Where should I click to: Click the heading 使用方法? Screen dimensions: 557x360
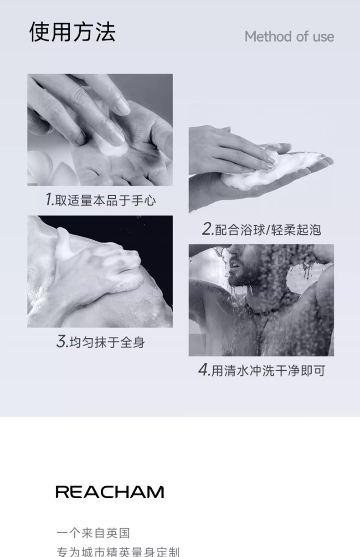[72, 32]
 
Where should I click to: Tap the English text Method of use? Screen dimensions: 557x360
[289, 36]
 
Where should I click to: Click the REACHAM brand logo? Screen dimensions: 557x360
[109, 492]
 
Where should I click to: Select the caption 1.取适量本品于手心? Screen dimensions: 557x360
[100, 200]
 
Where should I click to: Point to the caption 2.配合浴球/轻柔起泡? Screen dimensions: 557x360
[262, 229]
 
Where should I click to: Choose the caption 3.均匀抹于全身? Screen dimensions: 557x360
[100, 341]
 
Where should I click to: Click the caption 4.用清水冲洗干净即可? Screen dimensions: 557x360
[262, 370]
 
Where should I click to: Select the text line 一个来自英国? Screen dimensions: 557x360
[93, 533]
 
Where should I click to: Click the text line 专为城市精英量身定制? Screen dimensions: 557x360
[118, 551]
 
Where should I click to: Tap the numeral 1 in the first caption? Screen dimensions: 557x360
[49, 199]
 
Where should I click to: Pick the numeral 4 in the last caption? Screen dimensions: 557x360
[203, 370]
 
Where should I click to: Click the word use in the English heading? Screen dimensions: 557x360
[323, 36]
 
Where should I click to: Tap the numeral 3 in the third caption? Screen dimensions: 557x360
[62, 341]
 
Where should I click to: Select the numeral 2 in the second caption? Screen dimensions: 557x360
[207, 229]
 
